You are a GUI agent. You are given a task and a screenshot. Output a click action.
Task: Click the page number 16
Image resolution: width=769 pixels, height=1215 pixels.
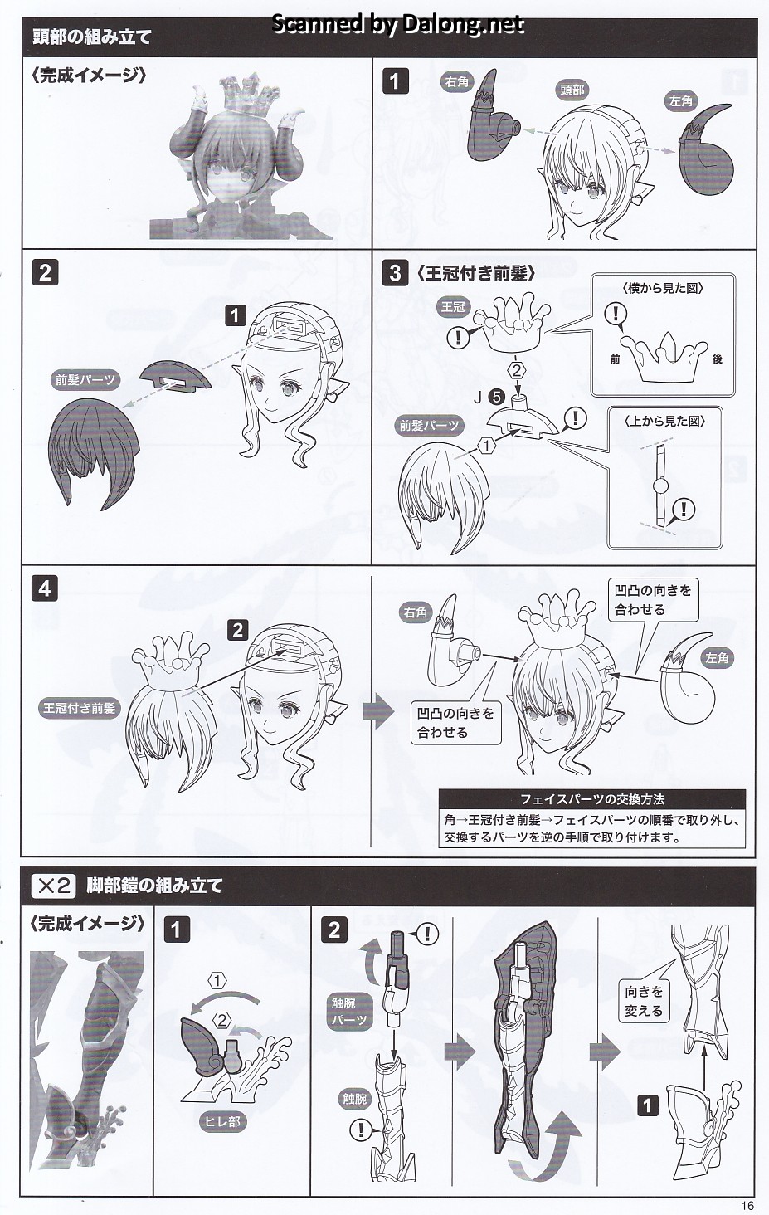coord(747,1205)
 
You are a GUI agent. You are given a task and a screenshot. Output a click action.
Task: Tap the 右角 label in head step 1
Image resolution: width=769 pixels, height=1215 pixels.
coord(456,81)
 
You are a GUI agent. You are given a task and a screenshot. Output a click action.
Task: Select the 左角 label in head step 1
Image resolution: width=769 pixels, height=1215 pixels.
coord(680,101)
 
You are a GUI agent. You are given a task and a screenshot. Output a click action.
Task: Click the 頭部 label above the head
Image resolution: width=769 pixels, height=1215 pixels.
coord(572,90)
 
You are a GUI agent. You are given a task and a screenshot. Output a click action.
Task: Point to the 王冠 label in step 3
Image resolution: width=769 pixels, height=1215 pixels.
coord(453,307)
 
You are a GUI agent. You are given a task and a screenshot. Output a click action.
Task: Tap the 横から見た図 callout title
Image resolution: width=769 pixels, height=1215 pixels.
coord(662,289)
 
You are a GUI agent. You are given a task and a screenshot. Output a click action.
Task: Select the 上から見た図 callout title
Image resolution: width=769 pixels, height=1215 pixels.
coord(664,421)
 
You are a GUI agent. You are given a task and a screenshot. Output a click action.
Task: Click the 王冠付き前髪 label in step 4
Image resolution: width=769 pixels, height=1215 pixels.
coord(79,708)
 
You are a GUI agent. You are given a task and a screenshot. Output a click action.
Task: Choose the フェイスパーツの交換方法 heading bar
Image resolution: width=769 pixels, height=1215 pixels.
coord(592,799)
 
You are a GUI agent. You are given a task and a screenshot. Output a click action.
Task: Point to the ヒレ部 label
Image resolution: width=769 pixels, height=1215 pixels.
coord(222,1121)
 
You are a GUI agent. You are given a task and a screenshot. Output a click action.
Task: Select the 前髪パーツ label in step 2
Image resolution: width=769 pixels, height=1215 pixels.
coord(85,380)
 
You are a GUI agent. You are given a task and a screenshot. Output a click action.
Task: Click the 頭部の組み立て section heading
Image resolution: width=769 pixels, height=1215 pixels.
coord(91,37)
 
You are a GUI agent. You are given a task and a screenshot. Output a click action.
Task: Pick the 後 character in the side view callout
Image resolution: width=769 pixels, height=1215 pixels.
coord(718,359)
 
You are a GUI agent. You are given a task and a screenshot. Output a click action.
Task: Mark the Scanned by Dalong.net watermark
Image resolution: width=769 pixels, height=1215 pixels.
coord(397,24)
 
